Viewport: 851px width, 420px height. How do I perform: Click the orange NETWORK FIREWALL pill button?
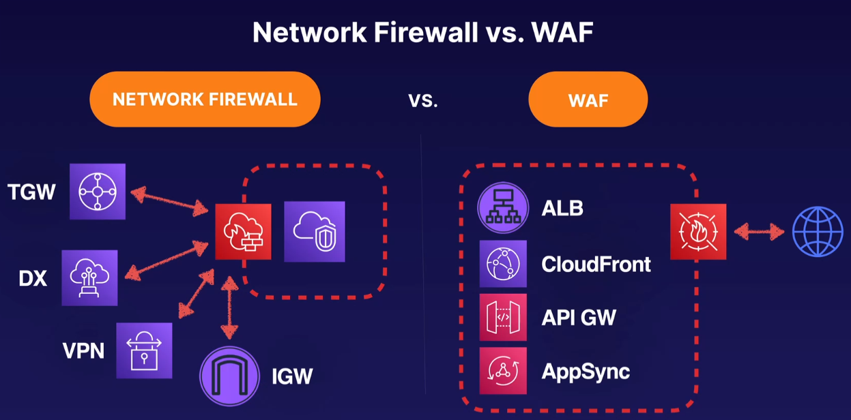pos(205,100)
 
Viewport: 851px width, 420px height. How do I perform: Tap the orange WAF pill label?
pos(588,100)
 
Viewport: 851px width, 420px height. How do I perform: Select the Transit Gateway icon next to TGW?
pos(98,192)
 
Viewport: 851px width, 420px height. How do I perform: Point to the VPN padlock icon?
pos(144,350)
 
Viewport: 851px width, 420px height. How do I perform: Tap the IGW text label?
pos(291,376)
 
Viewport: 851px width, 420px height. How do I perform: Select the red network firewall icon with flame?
pos(243,231)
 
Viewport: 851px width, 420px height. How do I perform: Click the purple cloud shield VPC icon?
pos(315,231)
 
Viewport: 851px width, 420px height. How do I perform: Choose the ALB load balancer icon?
pos(503,208)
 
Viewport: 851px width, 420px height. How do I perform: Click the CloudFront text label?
pos(596,264)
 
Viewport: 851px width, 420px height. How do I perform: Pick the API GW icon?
pos(503,317)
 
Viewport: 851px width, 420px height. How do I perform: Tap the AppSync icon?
pos(503,371)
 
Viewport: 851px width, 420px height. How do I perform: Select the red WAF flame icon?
pos(698,231)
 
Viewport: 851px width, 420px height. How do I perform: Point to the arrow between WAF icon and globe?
pos(759,232)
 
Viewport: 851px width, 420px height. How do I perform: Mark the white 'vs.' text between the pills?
pos(423,101)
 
